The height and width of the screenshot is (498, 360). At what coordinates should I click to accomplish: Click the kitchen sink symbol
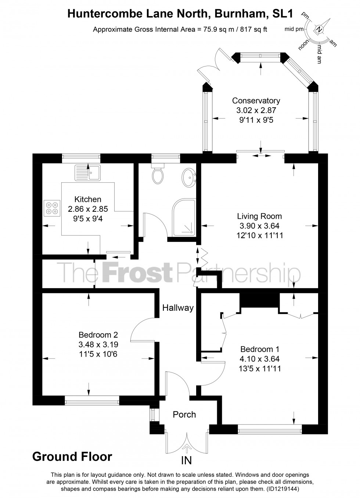point(87,172)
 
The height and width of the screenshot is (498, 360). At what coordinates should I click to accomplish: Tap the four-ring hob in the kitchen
point(52,207)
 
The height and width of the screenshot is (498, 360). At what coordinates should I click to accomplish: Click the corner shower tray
point(184,218)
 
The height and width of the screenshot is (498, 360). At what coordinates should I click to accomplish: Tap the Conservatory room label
point(256,101)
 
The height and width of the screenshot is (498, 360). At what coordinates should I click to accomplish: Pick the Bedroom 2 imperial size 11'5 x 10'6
point(98,354)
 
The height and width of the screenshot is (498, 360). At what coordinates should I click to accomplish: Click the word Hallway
point(178,308)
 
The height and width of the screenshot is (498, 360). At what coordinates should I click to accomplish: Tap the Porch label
point(184,414)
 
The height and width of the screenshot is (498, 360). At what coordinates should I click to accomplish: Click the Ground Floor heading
point(72,457)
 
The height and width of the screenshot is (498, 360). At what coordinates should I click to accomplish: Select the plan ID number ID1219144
point(283,489)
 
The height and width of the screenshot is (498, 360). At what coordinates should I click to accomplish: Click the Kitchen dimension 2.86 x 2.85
point(88,209)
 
